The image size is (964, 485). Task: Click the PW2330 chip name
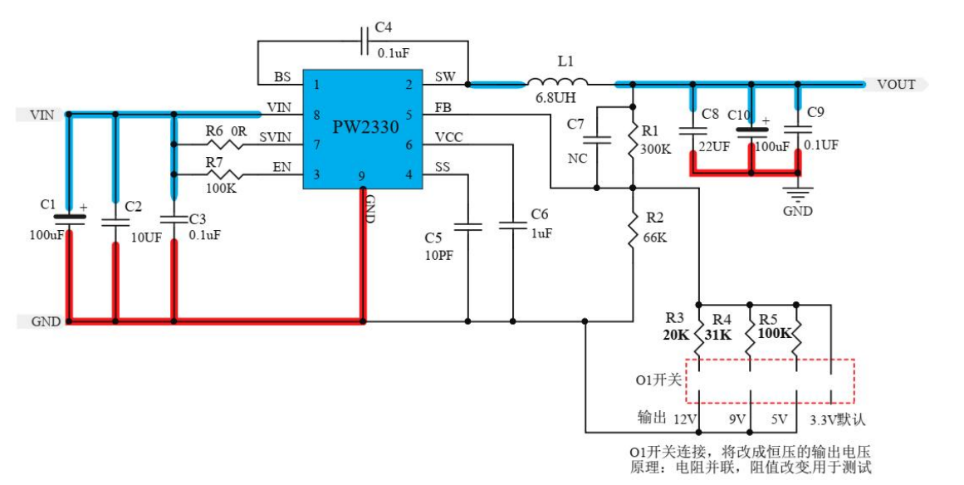(x=365, y=128)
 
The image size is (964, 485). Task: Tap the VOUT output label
(x=896, y=84)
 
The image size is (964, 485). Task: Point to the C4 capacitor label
(x=383, y=27)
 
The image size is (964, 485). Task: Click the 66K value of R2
(x=655, y=237)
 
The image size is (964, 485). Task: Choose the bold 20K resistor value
(x=676, y=335)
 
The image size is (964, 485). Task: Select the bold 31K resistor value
(x=719, y=335)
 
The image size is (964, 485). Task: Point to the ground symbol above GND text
(x=798, y=196)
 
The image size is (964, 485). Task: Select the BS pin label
(x=282, y=77)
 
